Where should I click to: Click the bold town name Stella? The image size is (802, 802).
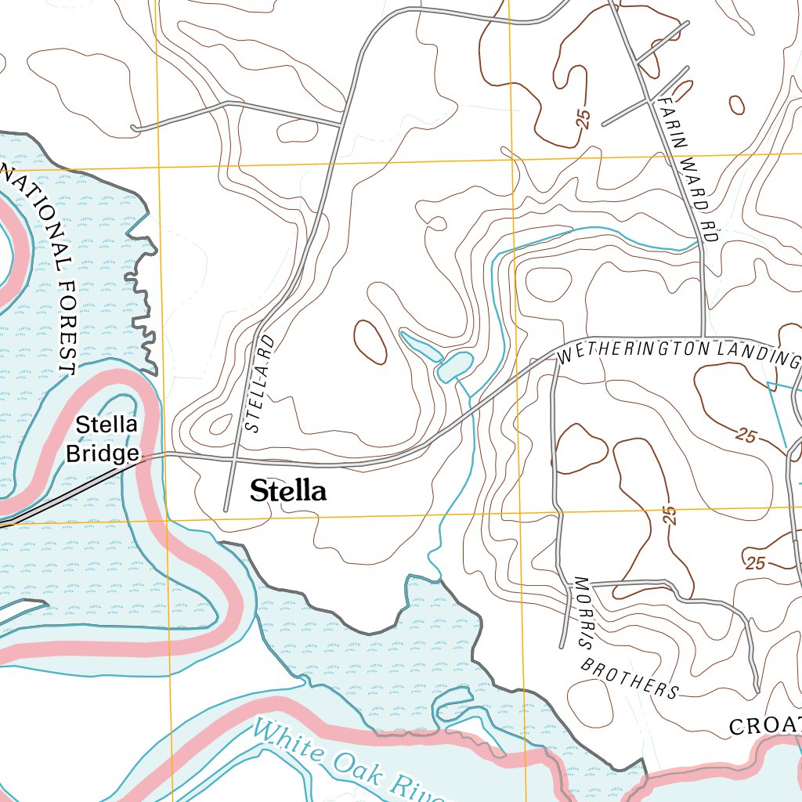coord(287,491)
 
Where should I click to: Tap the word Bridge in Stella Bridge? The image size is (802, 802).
coord(102,454)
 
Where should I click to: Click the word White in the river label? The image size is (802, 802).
coord(286,739)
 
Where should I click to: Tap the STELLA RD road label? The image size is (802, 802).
coord(259,385)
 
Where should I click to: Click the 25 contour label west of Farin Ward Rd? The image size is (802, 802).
coord(582,118)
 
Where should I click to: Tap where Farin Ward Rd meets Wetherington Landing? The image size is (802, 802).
coord(705,338)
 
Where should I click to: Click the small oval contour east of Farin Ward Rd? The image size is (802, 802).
coord(736,104)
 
